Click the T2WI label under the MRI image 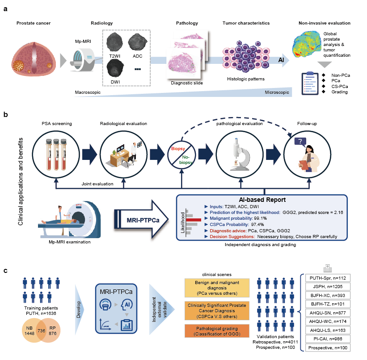(115, 56)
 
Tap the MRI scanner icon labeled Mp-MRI (82, 60)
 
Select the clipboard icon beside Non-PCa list (310, 83)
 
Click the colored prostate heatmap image (306, 44)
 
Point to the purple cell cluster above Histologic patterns (245, 56)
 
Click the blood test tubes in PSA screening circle (56, 155)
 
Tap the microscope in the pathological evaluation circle (240, 155)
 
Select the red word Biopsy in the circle (178, 149)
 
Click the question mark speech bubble (300, 142)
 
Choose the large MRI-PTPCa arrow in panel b (141, 219)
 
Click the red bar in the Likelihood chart (194, 220)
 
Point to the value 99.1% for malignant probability (260, 218)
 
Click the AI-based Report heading (262, 200)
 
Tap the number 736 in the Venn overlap (41, 331)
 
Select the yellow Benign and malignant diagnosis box (217, 288)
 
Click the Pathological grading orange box (217, 331)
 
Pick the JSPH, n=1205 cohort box (328, 287)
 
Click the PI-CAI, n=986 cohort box (328, 339)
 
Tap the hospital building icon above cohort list (328, 268)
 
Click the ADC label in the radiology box (137, 56)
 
